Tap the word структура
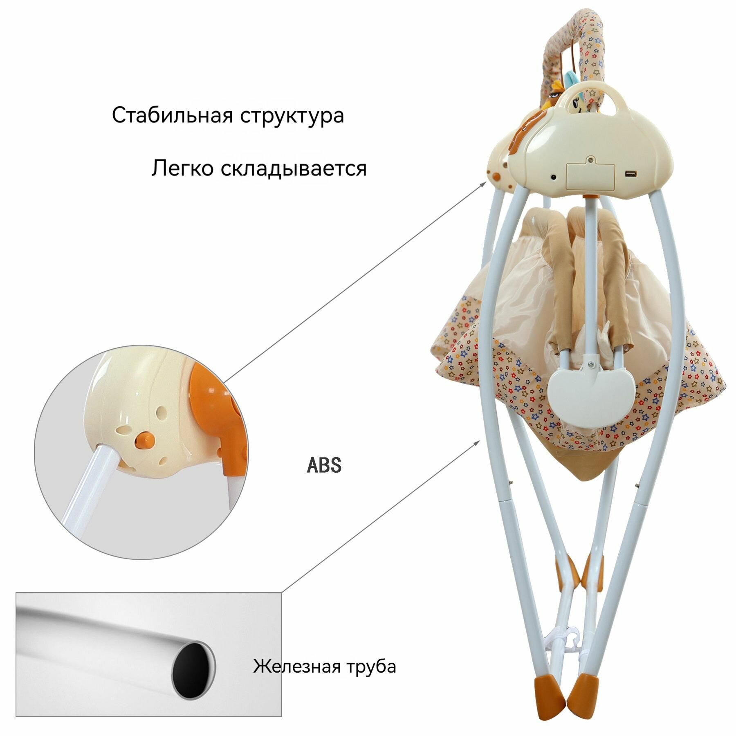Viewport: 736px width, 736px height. pos(292,116)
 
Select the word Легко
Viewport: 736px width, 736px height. pos(182,168)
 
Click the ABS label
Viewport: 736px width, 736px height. pos(324,465)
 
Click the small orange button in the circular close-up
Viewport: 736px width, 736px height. pos(145,440)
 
